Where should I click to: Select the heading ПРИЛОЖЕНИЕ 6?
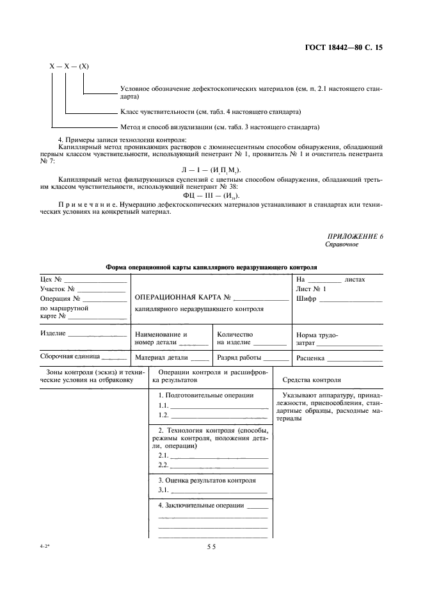click(x=355, y=237)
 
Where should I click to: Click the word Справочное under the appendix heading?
click(x=342, y=244)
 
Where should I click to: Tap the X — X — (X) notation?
click(x=69, y=67)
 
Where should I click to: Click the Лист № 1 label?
click(x=311, y=289)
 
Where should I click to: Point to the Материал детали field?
click(x=162, y=358)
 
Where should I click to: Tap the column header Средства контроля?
click(x=329, y=379)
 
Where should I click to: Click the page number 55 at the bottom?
click(x=211, y=547)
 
